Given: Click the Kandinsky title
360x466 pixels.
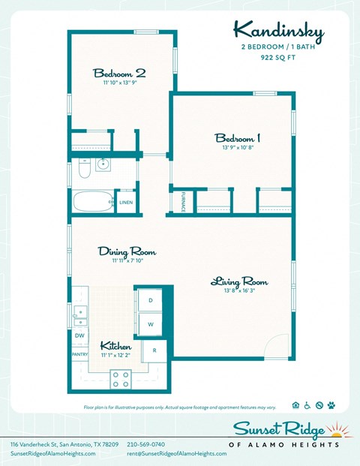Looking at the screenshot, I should pos(277,31).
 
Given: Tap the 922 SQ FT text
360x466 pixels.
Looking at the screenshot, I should pos(277,57).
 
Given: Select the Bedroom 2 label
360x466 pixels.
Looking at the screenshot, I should pos(119,73).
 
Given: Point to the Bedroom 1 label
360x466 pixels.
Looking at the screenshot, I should pos(238,138).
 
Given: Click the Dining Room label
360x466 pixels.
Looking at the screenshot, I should pos(127,251).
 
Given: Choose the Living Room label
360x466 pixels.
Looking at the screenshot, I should pos(238,282).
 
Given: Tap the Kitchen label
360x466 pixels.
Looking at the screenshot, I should pos(116,347).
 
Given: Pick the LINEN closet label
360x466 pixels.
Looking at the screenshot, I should pos(126,202).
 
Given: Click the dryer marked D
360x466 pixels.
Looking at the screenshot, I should pos(150,299).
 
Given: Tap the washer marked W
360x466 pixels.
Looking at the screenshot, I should pos(150,324).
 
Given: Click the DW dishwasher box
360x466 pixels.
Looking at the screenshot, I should pos(79,335).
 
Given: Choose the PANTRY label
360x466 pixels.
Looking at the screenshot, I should pos(79,354).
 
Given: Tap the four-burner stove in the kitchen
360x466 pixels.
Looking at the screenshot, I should pos(121,379).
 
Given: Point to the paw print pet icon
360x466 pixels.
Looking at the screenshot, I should pos(331,405).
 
